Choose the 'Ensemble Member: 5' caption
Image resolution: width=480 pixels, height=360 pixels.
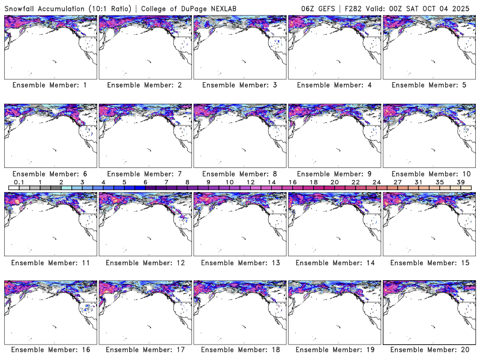[429, 85]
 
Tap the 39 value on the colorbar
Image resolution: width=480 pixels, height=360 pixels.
[460, 181]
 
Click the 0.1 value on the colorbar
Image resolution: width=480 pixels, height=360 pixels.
[19, 181]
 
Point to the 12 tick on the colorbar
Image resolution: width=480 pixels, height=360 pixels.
[250, 181]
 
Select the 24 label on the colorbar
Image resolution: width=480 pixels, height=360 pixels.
[376, 181]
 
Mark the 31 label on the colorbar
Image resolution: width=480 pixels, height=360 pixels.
[418, 181]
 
